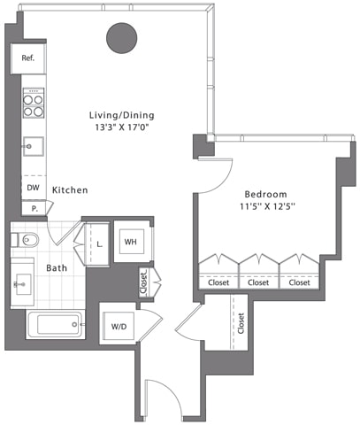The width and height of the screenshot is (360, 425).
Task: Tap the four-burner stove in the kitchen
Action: tap(33, 105)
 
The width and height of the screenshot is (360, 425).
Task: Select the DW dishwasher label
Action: tap(33, 189)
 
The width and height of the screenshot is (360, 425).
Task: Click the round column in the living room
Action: tap(122, 37)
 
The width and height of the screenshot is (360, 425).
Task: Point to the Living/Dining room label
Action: tap(121, 115)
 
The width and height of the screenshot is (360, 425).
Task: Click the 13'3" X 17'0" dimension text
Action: tap(121, 127)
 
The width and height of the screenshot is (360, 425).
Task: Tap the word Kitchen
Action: tap(68, 190)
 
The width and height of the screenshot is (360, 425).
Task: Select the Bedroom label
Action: tap(265, 194)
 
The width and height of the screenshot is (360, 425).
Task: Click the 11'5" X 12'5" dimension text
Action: tap(265, 207)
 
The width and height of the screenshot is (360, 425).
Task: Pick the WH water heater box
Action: tap(130, 242)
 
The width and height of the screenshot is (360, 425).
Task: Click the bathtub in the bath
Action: tap(55, 325)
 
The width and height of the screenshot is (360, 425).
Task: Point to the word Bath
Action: tap(57, 267)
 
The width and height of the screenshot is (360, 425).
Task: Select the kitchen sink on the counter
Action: tap(33, 146)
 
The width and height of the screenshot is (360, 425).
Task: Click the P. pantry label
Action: tap(34, 209)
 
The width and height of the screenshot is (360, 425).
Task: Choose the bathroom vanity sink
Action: tap(22, 284)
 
